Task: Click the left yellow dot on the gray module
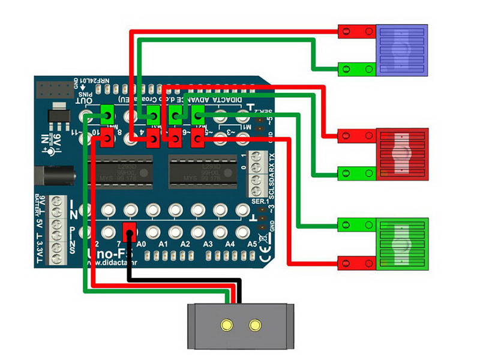click(x=226, y=325)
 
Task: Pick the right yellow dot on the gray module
click(x=256, y=325)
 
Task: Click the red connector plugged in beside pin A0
click(x=128, y=232)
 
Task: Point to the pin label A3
click(x=206, y=244)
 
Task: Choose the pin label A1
click(x=163, y=244)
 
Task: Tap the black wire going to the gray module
click(x=180, y=280)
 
